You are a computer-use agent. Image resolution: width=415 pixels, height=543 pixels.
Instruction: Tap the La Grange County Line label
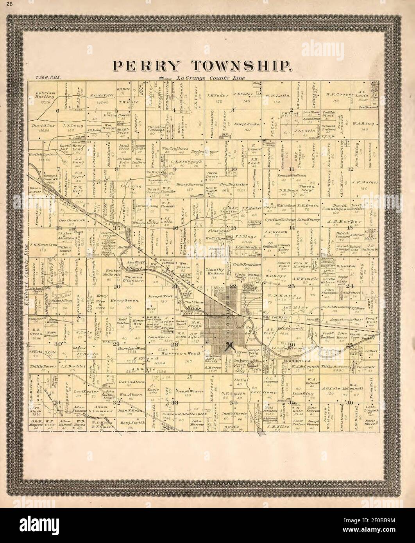click(x=211, y=78)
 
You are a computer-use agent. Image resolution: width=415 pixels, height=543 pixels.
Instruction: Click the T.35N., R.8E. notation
click(x=41, y=78)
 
